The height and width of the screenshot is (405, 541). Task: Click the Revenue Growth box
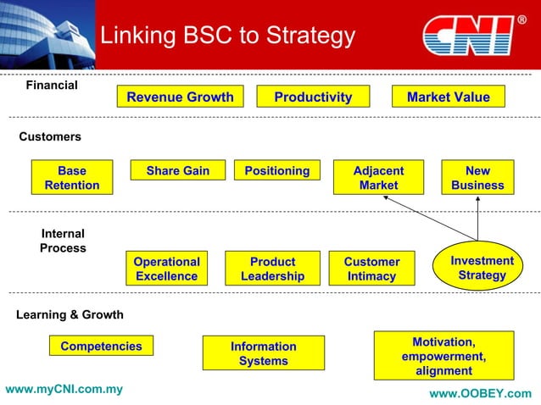pyautogui.click(x=180, y=97)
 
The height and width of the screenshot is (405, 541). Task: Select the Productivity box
pyautogui.click(x=312, y=97)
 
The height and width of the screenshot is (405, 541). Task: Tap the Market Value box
pyautogui.click(x=448, y=97)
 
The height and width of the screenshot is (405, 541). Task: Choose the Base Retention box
pyautogui.click(x=71, y=178)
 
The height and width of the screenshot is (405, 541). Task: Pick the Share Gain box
pyautogui.click(x=177, y=170)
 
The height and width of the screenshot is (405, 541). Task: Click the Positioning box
pyautogui.click(x=276, y=170)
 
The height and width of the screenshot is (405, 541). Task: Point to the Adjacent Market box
pyautogui.click(x=378, y=178)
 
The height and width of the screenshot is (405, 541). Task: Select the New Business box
pyautogui.click(x=477, y=178)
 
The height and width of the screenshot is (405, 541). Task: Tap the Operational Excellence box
pyautogui.click(x=166, y=269)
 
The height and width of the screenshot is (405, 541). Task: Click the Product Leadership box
pyautogui.click(x=272, y=269)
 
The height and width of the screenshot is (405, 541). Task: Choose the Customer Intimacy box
pyautogui.click(x=371, y=269)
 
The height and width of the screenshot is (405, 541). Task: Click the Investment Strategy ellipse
pyautogui.click(x=481, y=268)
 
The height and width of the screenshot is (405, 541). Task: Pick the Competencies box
pyautogui.click(x=101, y=346)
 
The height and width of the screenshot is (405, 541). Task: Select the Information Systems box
pyautogui.click(x=263, y=353)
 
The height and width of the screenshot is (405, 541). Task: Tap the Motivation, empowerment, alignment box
pyautogui.click(x=443, y=356)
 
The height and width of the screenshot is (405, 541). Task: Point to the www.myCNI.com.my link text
pyautogui.click(x=64, y=390)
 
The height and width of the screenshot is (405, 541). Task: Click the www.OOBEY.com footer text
pyautogui.click(x=480, y=393)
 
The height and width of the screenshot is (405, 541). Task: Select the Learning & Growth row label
pyautogui.click(x=70, y=314)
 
